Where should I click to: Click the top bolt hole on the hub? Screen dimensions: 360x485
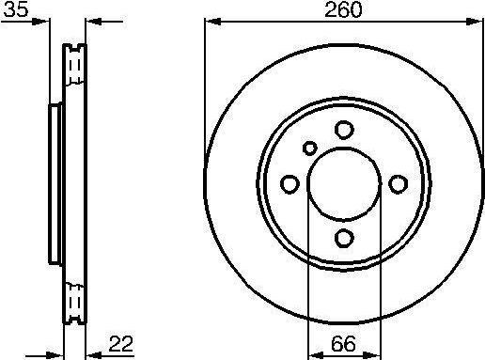point(344,131)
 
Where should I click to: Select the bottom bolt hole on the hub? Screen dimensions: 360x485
point(344,237)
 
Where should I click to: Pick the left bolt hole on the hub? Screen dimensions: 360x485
point(290,183)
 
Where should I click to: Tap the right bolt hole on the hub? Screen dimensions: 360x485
point(398,183)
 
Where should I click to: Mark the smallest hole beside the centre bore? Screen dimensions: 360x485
point(311,147)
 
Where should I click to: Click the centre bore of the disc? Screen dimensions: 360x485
point(344,183)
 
